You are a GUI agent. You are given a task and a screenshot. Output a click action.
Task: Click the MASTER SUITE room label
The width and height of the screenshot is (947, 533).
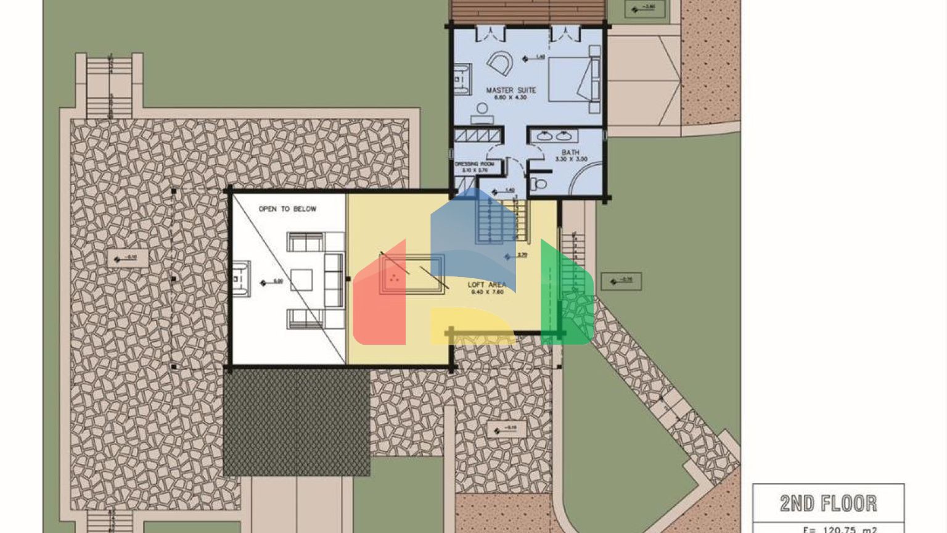pyautogui.click(x=510, y=90)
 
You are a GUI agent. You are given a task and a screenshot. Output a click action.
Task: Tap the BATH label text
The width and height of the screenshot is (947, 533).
pyautogui.click(x=570, y=152)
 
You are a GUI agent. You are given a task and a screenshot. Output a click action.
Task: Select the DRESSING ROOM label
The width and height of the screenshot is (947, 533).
pyautogui.click(x=475, y=164)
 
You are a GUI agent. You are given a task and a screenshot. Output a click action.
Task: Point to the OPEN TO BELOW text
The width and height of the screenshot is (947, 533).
pyautogui.click(x=287, y=209)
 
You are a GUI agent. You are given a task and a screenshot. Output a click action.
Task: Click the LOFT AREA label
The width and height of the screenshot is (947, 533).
pyautogui.click(x=487, y=285)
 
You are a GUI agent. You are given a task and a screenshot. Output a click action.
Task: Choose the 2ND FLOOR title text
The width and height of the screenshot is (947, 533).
pyautogui.click(x=828, y=503)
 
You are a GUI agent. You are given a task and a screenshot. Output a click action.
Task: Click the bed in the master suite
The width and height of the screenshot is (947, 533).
pyautogui.click(x=573, y=78)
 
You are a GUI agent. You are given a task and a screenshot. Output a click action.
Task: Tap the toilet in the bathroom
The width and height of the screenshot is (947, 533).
pyautogui.click(x=539, y=183)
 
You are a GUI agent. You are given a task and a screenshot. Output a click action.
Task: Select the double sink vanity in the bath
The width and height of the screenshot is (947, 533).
pyautogui.click(x=554, y=136)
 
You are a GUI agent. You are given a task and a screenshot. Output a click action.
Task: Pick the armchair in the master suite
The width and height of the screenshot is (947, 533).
pyautogui.click(x=499, y=62)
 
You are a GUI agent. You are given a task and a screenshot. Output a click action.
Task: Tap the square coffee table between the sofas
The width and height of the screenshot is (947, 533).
pyautogui.click(x=301, y=280)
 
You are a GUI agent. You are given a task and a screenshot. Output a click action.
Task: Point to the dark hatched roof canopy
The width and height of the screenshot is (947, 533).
pyautogui.click(x=297, y=424)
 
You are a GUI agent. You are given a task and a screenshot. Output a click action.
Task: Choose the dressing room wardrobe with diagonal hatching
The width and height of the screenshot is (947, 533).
pyautogui.click(x=477, y=136)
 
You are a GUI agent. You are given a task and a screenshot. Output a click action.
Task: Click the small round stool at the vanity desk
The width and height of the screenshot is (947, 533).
pyautogui.click(x=482, y=109)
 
